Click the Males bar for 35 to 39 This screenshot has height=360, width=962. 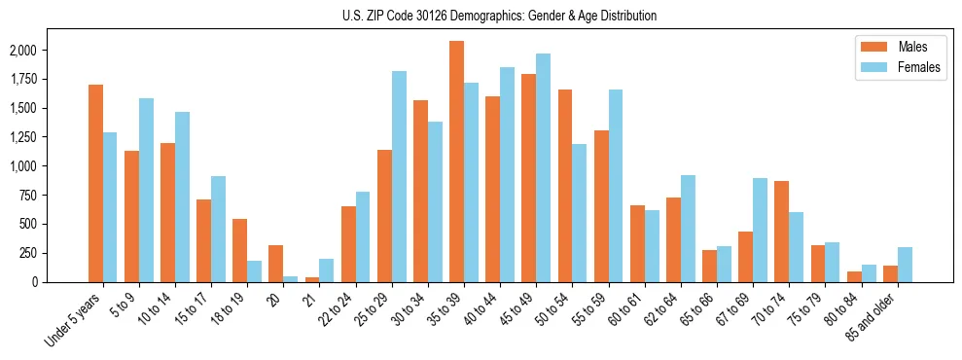pos(456,162)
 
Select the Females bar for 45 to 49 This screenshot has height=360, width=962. pos(543,167)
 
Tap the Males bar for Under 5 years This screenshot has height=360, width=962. pos(95,183)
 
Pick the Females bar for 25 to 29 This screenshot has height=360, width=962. pos(399,176)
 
